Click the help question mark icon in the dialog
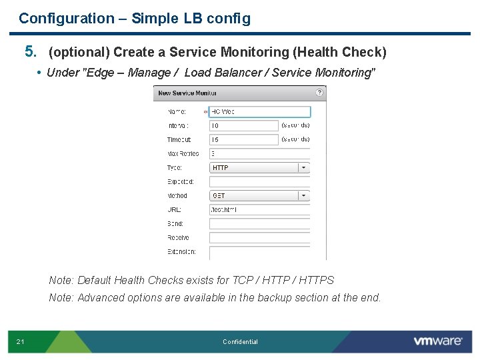(x=320, y=93)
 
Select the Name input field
(x=260, y=112)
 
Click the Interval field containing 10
(x=244, y=125)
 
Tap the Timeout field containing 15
(x=244, y=140)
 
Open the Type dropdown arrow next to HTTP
(x=304, y=168)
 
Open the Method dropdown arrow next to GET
(x=304, y=196)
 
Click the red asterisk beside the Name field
(x=205, y=112)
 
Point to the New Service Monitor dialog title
(x=183, y=93)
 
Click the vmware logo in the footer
(x=438, y=341)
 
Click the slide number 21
(x=21, y=342)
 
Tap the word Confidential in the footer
(x=240, y=342)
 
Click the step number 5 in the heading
(x=29, y=51)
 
